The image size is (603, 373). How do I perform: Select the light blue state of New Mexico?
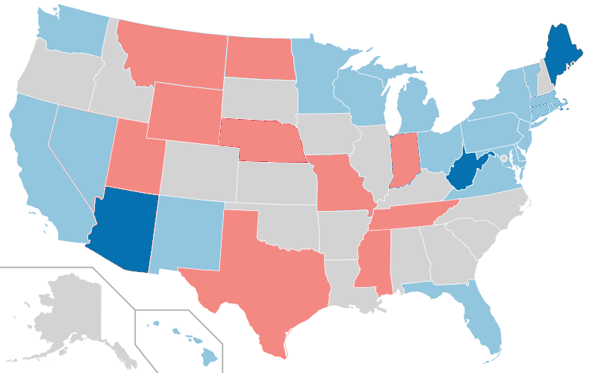click(188, 230)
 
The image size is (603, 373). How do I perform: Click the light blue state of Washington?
click(72, 30)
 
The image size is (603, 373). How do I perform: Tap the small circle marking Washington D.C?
click(504, 158)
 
